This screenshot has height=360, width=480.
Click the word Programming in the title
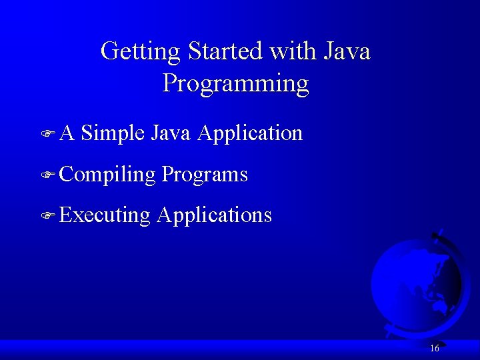(x=235, y=84)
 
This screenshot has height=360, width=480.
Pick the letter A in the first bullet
(x=67, y=133)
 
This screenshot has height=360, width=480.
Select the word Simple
(x=113, y=133)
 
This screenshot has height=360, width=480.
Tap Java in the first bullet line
(x=171, y=133)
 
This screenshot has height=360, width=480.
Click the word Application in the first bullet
(x=250, y=133)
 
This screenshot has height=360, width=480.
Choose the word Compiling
(x=107, y=175)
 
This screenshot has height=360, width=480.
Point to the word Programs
(x=205, y=175)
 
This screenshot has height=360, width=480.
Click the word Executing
(x=105, y=215)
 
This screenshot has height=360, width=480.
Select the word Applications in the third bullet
(x=214, y=215)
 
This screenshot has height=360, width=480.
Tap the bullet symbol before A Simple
(x=46, y=134)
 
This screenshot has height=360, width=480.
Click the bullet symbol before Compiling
(x=46, y=175)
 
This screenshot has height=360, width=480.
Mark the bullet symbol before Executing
(x=46, y=216)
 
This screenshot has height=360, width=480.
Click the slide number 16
(x=435, y=348)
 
